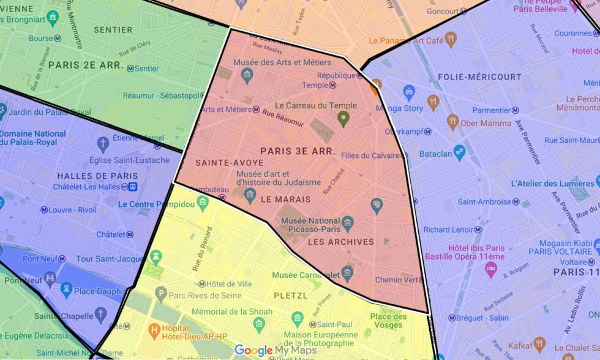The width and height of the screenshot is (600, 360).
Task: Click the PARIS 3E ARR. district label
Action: [297, 151]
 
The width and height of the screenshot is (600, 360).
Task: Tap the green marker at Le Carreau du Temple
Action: [343, 118]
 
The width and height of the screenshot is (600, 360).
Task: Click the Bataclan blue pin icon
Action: [459, 151]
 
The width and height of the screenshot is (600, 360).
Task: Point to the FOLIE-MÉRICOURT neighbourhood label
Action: [479, 77]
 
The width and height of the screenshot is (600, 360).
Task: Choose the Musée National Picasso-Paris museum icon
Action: [348, 223]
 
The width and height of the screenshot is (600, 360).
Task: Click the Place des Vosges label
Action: [388, 320]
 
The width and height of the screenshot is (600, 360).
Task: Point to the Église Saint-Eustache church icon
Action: [103, 144]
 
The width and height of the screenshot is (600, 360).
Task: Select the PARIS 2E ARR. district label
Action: [86, 65]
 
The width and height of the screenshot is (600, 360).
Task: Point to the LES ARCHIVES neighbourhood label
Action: [340, 242]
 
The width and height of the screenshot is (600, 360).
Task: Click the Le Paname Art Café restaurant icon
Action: [451, 40]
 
